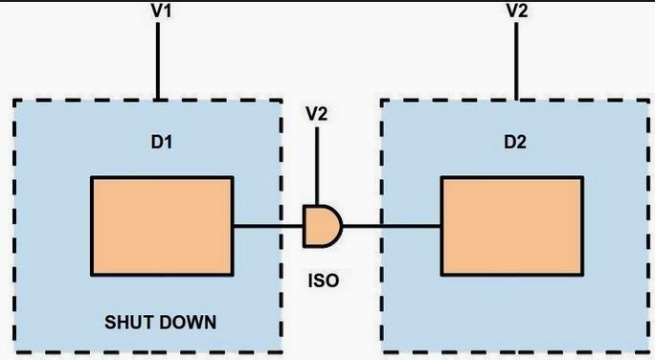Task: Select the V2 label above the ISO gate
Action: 317,114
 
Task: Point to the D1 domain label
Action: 160,143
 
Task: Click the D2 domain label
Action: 516,143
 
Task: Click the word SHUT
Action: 130,322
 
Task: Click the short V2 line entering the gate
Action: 317,167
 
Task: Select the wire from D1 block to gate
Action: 268,227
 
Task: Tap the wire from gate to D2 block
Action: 391,227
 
